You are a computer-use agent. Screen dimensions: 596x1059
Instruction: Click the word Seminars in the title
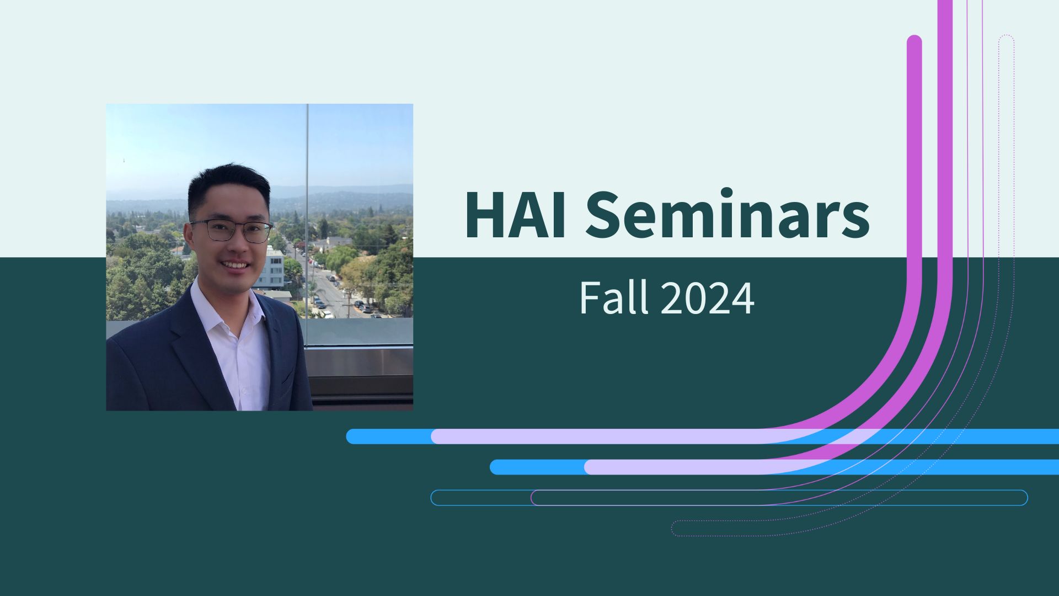(x=727, y=215)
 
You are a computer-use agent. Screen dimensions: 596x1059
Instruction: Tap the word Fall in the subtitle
(x=613, y=298)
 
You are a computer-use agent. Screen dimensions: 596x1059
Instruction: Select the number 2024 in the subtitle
(x=707, y=298)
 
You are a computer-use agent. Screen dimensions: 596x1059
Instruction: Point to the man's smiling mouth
(x=236, y=265)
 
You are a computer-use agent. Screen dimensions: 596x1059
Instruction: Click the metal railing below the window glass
(x=359, y=364)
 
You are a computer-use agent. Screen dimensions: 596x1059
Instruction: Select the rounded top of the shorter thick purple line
(x=914, y=42)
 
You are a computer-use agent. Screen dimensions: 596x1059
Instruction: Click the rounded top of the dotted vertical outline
(x=1007, y=39)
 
